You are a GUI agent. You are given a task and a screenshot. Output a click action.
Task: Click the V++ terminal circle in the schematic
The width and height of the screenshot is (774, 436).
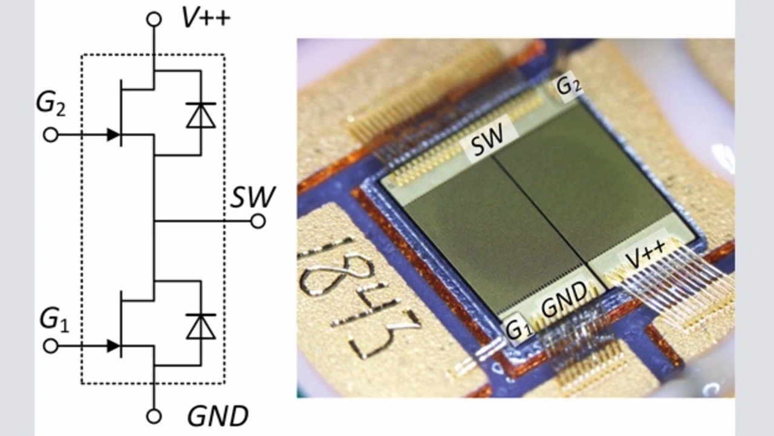point(154,19)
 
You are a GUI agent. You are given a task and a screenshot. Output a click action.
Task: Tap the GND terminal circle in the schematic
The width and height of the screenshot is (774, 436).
point(154,416)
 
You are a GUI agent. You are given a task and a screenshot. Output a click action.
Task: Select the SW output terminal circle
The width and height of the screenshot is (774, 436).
point(258,221)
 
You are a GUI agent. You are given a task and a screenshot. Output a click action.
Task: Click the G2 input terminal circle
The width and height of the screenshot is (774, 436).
point(51,135)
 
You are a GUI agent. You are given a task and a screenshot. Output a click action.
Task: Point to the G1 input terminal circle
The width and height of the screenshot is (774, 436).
point(51,346)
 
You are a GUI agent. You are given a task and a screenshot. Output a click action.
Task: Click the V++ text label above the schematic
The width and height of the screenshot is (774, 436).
point(206,18)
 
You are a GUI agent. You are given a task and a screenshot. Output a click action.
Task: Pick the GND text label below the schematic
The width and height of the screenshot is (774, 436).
point(217,417)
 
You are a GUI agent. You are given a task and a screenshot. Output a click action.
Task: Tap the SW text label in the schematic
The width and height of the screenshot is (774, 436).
point(252,198)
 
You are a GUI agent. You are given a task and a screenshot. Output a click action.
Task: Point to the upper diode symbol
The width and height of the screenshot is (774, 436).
point(201,115)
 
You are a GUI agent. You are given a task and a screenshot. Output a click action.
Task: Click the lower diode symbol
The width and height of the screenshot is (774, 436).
point(201,326)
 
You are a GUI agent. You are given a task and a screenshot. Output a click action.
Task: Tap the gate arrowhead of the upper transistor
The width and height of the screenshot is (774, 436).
point(112,135)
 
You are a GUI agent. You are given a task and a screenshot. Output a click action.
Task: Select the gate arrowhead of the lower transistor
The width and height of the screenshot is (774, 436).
point(112,346)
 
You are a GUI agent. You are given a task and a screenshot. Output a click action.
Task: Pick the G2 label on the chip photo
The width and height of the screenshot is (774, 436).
point(568,86)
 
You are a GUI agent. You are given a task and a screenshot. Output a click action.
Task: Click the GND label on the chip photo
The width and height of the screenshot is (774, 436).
point(564,298)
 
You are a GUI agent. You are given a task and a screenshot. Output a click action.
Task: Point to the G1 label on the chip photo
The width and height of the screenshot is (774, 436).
point(518,330)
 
